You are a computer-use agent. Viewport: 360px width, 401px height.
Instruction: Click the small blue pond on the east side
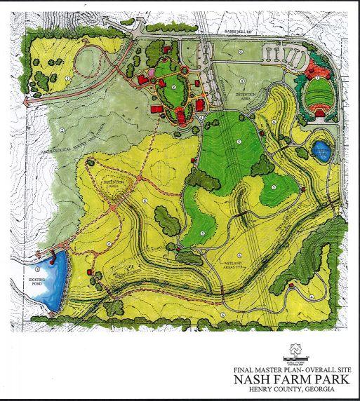(321, 154)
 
